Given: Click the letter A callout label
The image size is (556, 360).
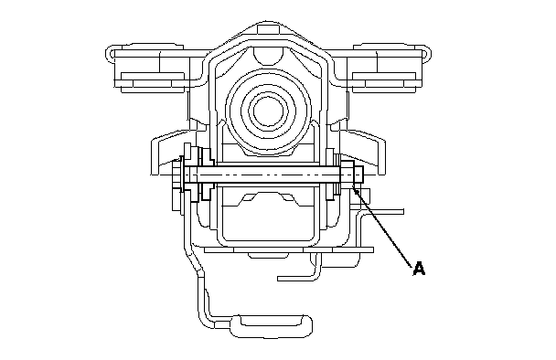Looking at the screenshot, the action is (x=419, y=269).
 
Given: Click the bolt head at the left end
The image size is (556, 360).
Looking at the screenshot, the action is (x=177, y=175).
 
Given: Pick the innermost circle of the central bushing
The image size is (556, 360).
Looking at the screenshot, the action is (x=269, y=111).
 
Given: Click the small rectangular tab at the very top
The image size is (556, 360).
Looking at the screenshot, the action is (x=269, y=28).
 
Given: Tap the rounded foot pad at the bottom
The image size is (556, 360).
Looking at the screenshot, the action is (x=272, y=325).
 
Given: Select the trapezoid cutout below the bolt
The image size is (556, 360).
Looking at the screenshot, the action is (x=269, y=199).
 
